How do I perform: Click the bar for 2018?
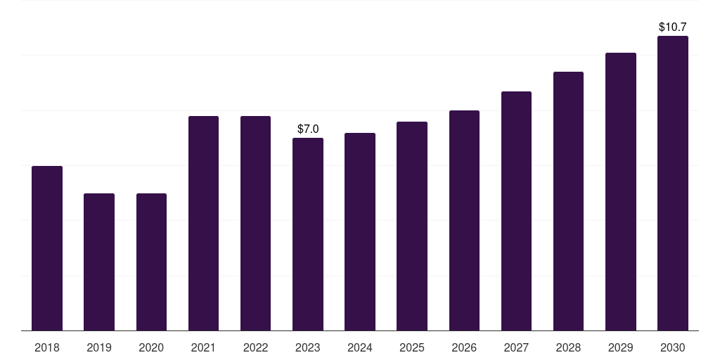(x=47, y=248)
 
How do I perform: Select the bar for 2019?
(x=99, y=262)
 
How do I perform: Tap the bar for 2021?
(x=203, y=223)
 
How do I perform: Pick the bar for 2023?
(x=308, y=234)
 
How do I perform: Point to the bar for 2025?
(x=412, y=226)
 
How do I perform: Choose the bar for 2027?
(x=516, y=211)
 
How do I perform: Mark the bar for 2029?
(x=621, y=191)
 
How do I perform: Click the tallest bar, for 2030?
(x=673, y=184)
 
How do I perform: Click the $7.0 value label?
(x=308, y=129)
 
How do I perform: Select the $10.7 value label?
(x=673, y=27)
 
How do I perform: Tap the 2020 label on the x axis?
(x=151, y=347)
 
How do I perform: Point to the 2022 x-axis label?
(x=255, y=347)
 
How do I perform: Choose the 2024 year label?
(x=359, y=347)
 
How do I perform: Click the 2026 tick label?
(x=464, y=347)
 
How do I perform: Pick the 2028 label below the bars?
(x=568, y=347)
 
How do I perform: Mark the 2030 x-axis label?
(x=673, y=347)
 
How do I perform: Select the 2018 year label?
(x=47, y=347)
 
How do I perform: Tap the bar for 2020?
(x=151, y=262)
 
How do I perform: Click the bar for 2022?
(x=255, y=223)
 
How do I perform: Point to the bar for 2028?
(x=568, y=201)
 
